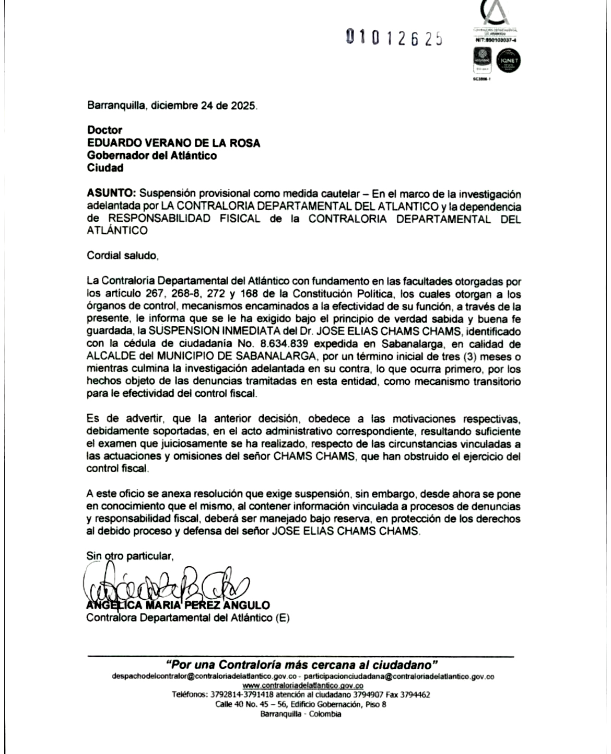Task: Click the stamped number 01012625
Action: point(395,38)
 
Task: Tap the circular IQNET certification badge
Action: point(508,61)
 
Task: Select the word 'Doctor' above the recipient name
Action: point(105,130)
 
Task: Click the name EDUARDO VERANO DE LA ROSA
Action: point(173,143)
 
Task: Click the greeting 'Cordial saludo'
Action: point(122,256)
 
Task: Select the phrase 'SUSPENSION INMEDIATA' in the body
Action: point(200,332)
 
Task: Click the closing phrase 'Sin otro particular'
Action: point(130,556)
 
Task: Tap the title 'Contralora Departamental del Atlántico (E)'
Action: point(187,618)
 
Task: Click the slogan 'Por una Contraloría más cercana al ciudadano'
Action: point(301,665)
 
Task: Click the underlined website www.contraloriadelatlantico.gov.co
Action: point(303,686)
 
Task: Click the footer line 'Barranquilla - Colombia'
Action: point(301,714)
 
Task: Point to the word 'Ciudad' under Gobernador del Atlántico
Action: point(105,168)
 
